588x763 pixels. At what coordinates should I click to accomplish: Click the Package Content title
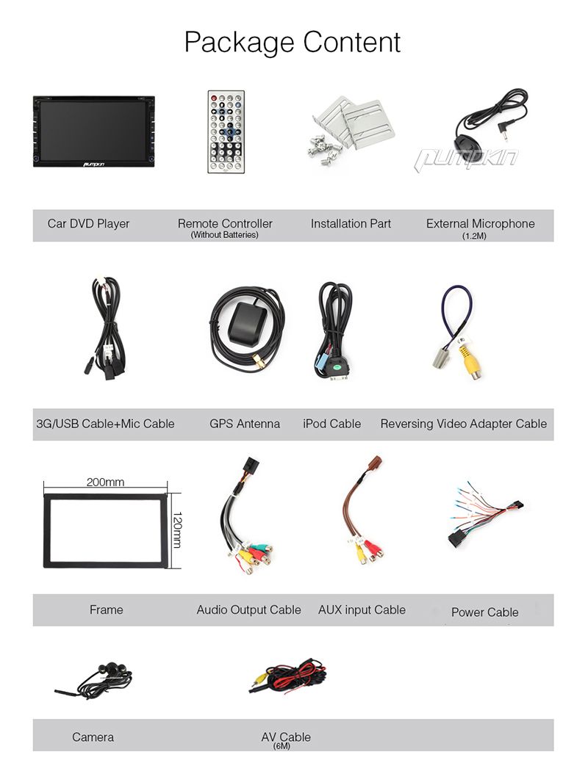coord(293,43)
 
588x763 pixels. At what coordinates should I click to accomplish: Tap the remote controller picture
coord(226,131)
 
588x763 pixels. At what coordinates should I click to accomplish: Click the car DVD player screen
coord(93,131)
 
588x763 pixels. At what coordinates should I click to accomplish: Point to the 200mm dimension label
coord(105,482)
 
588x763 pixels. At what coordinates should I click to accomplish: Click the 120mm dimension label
coord(177,529)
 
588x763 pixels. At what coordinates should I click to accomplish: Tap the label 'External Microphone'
coord(481,223)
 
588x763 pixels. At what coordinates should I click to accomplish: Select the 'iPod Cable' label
coord(331,423)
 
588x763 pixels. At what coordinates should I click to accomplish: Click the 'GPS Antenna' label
coord(245,423)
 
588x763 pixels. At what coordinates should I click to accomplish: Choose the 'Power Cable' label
coord(484,612)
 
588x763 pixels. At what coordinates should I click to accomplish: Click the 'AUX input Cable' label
coord(362,610)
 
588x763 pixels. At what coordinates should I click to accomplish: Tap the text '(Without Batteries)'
coord(225,235)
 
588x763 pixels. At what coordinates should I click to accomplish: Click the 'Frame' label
coord(106,610)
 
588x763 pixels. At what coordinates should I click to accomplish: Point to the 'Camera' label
coord(93,737)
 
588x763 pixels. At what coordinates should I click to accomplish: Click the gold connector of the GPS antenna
coord(259,361)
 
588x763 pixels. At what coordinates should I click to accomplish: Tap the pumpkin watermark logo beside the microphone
coord(466,159)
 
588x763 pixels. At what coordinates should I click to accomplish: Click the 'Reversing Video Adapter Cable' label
coord(463,423)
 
